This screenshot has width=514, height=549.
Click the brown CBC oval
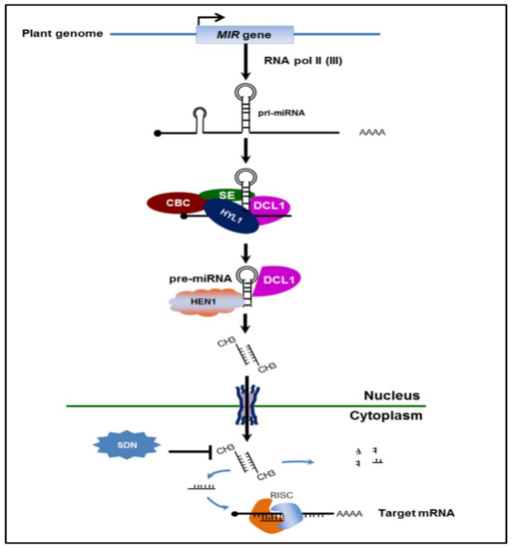171,204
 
